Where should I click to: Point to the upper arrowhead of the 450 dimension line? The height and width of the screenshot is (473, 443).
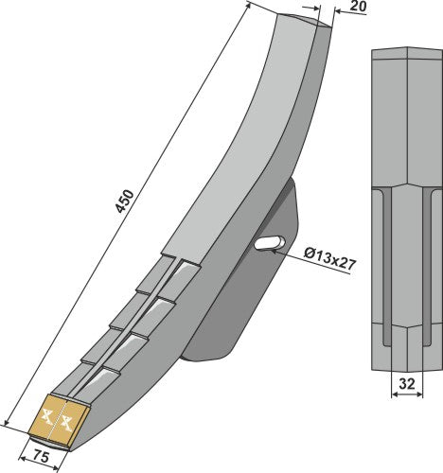[250, 6]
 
